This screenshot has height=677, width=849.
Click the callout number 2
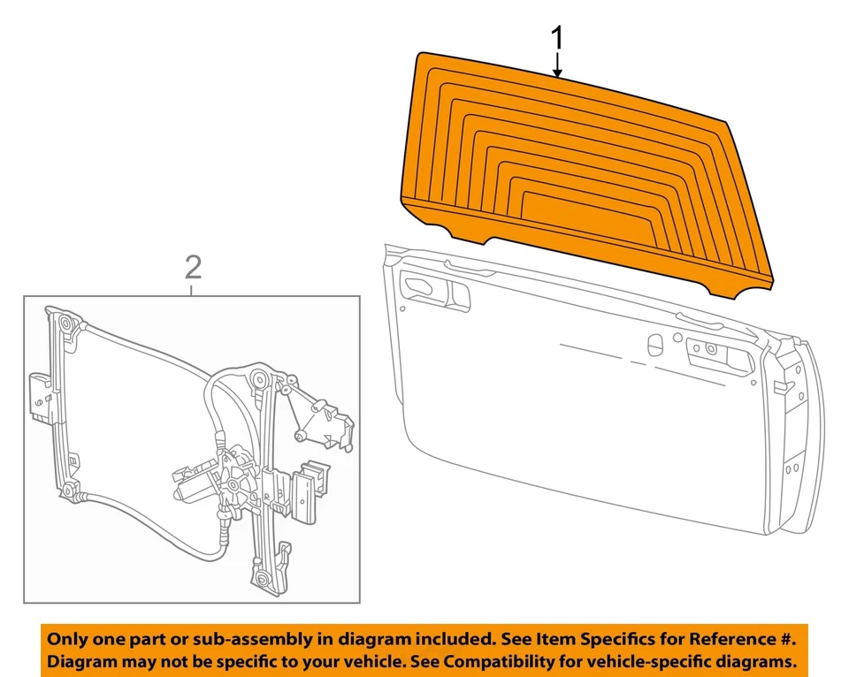point(193,266)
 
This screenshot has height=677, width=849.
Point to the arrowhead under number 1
point(557,72)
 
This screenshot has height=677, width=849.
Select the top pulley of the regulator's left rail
point(67,325)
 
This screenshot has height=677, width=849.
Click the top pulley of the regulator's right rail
point(258,380)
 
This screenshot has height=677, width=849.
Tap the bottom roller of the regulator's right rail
point(262,579)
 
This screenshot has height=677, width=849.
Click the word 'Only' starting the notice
point(67,638)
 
